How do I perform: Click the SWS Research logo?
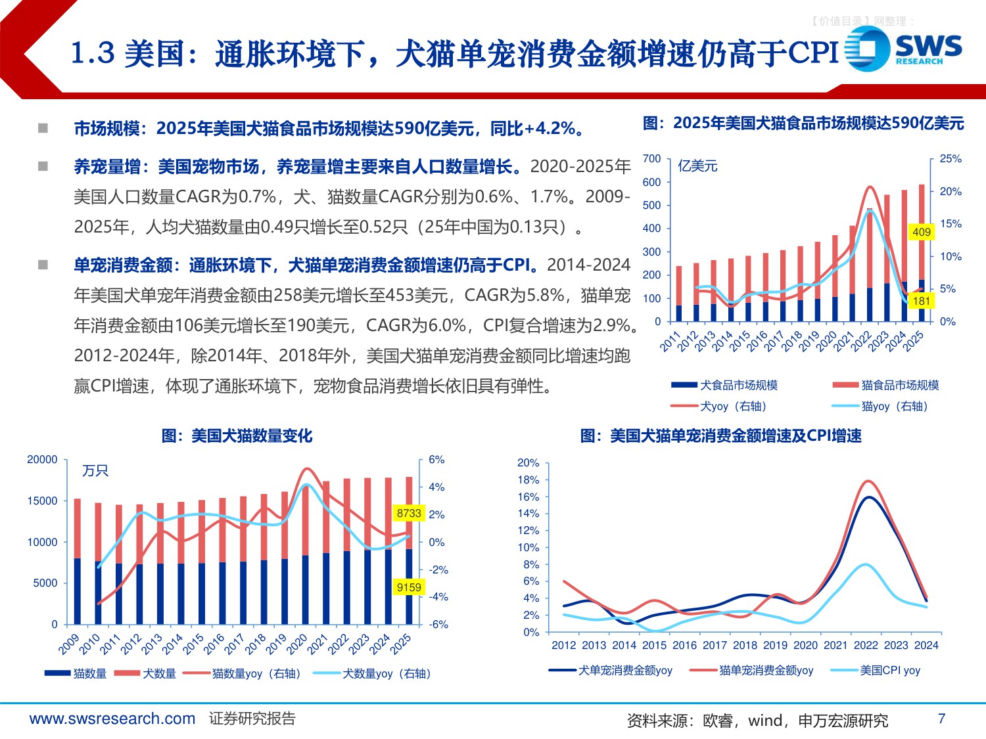tap(903, 50)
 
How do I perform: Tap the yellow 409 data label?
tap(922, 232)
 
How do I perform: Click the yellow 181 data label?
tap(922, 301)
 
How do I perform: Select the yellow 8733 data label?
tap(409, 513)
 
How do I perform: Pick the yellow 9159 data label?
tap(409, 587)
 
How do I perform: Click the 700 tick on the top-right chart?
tap(651, 158)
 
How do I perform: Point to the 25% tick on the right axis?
tap(951, 159)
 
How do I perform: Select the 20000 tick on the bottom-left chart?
tap(42, 460)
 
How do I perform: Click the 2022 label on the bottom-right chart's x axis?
tap(866, 645)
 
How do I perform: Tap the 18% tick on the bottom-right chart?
tap(528, 480)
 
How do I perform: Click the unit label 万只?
tap(95, 471)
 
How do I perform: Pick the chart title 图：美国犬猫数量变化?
tap(237, 436)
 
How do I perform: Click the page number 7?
tap(941, 719)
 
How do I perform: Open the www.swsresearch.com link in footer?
tap(112, 719)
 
